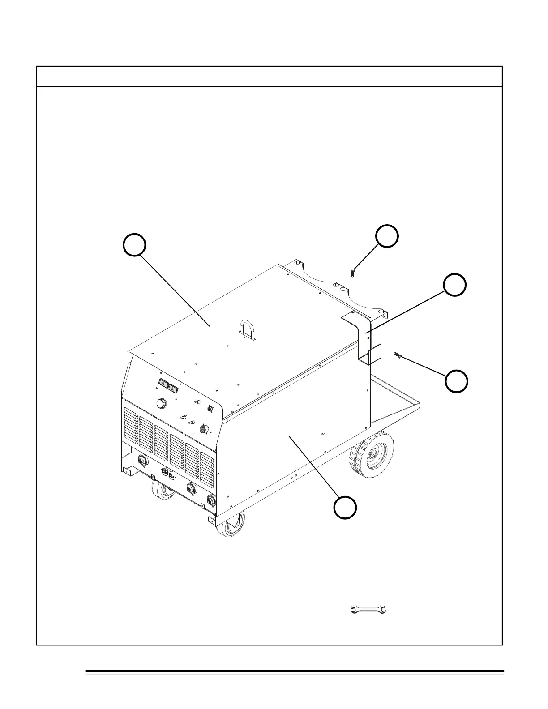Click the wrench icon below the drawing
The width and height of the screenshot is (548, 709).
click(368, 609)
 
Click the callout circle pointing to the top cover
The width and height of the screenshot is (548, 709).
click(134, 245)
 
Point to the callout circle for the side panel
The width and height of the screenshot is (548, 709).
click(345, 508)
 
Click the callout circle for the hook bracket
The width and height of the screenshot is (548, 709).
click(454, 285)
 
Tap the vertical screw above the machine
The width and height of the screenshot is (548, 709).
click(352, 272)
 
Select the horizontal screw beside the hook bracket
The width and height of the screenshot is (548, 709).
click(398, 355)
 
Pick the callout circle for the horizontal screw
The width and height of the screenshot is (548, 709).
click(457, 381)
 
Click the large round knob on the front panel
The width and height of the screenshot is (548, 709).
click(161, 403)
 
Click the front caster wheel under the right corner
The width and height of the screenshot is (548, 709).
click(231, 524)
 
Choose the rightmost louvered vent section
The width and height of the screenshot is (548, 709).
click(207, 470)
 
